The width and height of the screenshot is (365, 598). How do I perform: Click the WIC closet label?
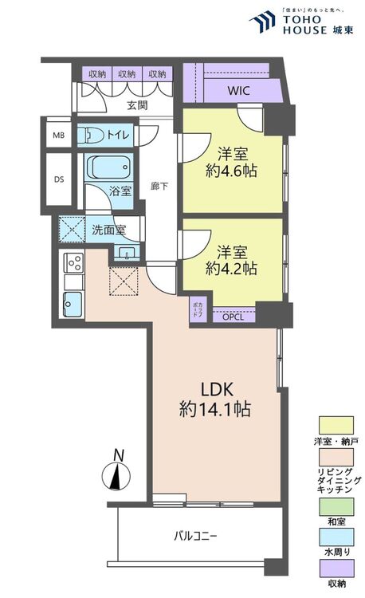tap(238, 90)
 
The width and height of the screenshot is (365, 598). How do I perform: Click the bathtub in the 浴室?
tap(107, 168)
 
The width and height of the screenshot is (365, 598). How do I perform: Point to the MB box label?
tap(58, 135)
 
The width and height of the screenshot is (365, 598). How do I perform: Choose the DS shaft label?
tap(58, 179)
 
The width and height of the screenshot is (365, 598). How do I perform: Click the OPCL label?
tap(234, 317)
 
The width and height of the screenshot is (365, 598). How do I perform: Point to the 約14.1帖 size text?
tap(215, 411)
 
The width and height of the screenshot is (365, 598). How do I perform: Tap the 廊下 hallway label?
tap(159, 186)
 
